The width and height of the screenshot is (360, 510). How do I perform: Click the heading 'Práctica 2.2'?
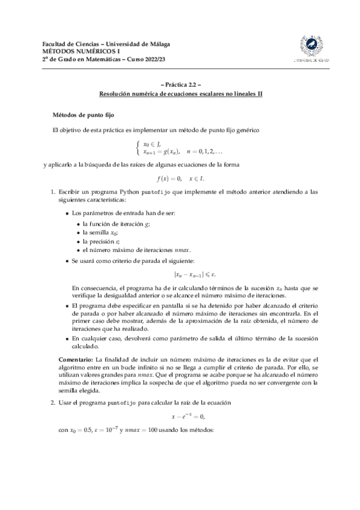[180, 85]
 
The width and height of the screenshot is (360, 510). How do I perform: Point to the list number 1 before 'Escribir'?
[53, 192]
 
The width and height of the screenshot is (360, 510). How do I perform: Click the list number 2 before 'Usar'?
[53, 402]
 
